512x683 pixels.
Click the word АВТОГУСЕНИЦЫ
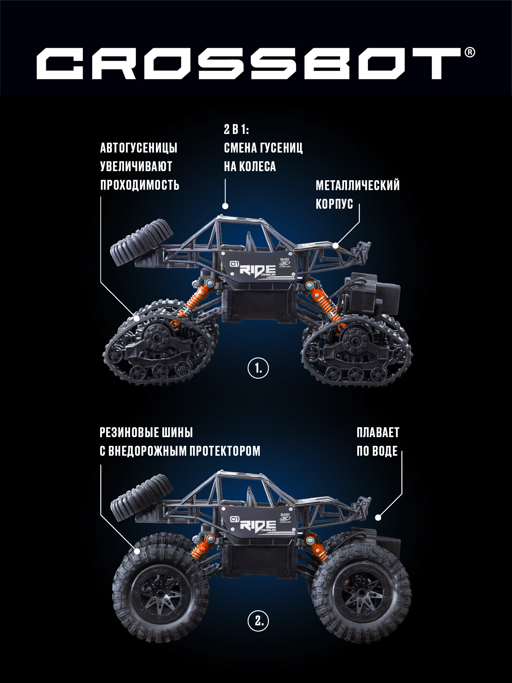point(139,148)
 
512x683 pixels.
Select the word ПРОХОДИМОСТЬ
point(140,185)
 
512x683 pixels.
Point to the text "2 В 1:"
point(236,130)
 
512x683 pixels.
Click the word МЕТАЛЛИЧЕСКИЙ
point(358,186)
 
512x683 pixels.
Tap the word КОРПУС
point(335,204)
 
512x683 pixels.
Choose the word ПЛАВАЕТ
point(378,433)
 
